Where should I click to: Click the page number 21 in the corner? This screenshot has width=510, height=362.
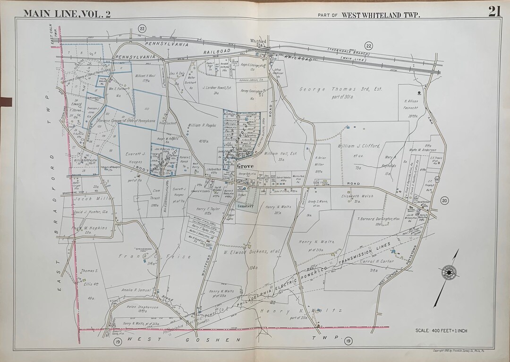click(494, 11)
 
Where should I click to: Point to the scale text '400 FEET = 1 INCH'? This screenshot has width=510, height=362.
click(441, 330)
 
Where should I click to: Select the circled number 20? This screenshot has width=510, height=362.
click(444, 201)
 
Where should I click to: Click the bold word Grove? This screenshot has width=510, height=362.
click(246, 166)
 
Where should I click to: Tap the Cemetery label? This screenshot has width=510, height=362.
click(246, 206)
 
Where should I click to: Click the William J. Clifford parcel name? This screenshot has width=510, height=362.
click(359, 147)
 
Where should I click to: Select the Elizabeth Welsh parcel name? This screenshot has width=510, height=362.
click(357, 195)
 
